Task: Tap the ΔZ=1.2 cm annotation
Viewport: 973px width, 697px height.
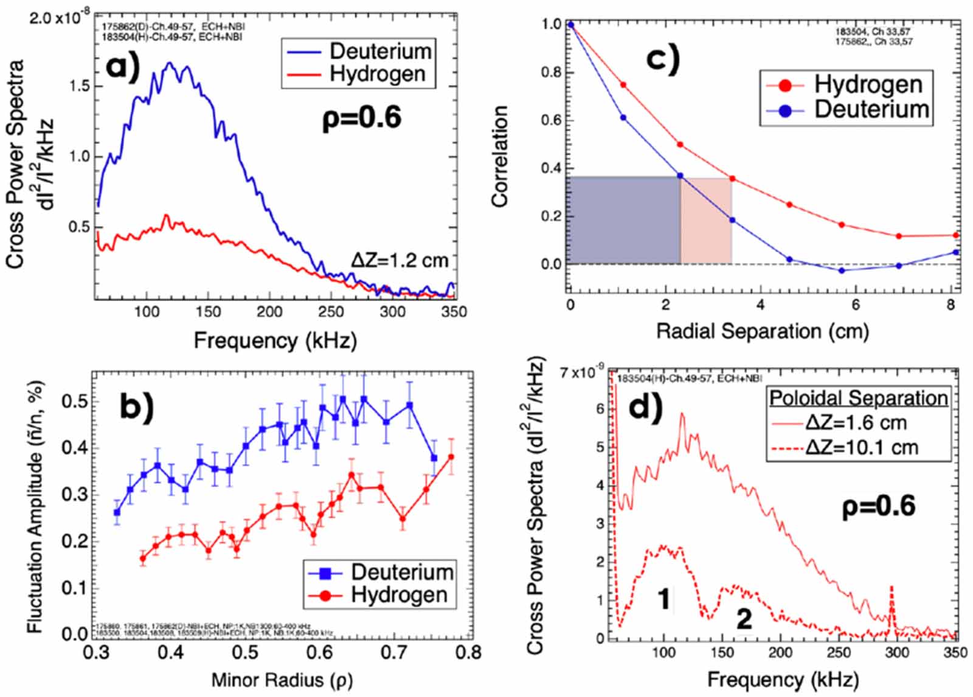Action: point(400,261)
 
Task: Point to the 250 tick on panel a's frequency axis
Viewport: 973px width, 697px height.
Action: point(331,312)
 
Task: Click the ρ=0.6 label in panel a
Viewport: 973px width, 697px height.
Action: point(361,116)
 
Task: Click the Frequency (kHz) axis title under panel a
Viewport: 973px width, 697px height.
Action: point(275,340)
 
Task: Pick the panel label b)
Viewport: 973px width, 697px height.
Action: point(137,406)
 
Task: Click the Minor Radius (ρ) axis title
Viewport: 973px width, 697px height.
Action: point(282,680)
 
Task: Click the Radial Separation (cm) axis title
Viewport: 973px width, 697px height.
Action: point(763,331)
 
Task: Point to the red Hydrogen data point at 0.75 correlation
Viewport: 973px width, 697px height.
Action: point(623,84)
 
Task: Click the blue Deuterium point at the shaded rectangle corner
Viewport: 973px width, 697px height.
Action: point(680,176)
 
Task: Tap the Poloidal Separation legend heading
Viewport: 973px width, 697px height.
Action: point(859,398)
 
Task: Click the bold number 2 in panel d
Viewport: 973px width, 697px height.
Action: point(744,619)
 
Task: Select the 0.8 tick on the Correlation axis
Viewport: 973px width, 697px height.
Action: point(551,72)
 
